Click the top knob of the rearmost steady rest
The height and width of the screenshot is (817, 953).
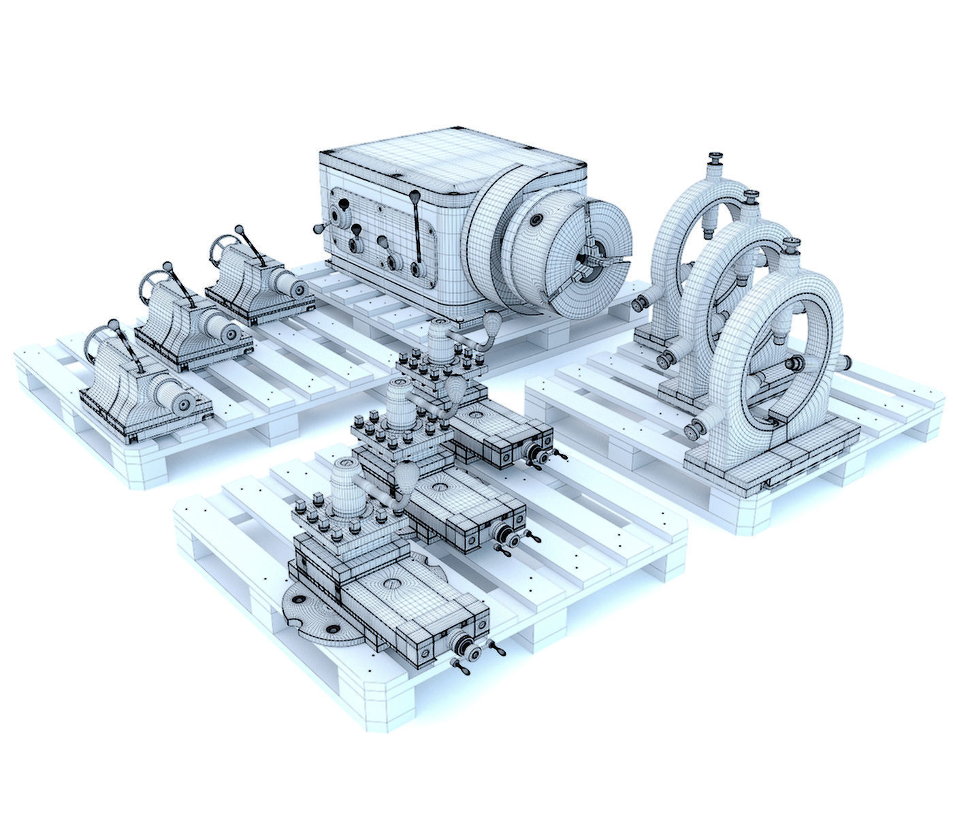(715, 159)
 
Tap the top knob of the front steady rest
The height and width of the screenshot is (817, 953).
(790, 243)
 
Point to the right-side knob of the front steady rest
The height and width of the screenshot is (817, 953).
(844, 363)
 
